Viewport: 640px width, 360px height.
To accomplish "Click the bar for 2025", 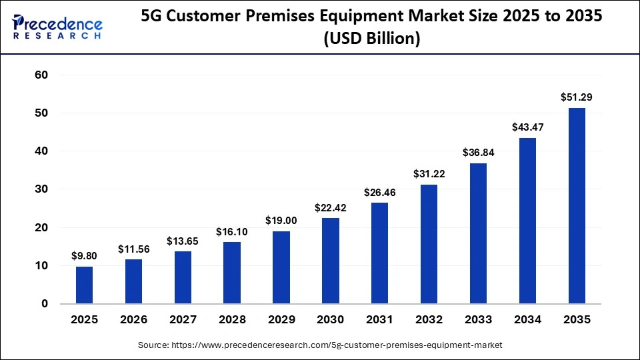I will pos(84,285).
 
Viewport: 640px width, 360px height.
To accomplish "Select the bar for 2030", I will pos(331,261).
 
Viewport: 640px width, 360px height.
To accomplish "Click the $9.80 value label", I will pos(84,255).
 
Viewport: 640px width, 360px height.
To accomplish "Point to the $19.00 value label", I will pos(281,220).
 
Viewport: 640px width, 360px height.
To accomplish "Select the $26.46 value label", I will pos(380,192).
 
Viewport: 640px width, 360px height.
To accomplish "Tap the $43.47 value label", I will pos(527,127).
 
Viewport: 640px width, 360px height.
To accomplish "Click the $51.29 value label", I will pos(577,97).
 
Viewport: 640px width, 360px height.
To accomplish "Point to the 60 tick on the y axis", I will pos(41,75).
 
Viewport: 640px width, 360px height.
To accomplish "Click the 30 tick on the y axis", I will pos(41,189).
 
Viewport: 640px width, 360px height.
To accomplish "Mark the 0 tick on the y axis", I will pos(45,304).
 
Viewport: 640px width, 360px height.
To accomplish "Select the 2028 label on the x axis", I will pos(232,320).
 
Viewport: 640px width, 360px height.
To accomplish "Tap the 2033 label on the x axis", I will pos(478,320).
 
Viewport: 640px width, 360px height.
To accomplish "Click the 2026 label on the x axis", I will pos(133,320).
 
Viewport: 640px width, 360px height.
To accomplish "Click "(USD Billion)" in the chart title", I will pos(371,39).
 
